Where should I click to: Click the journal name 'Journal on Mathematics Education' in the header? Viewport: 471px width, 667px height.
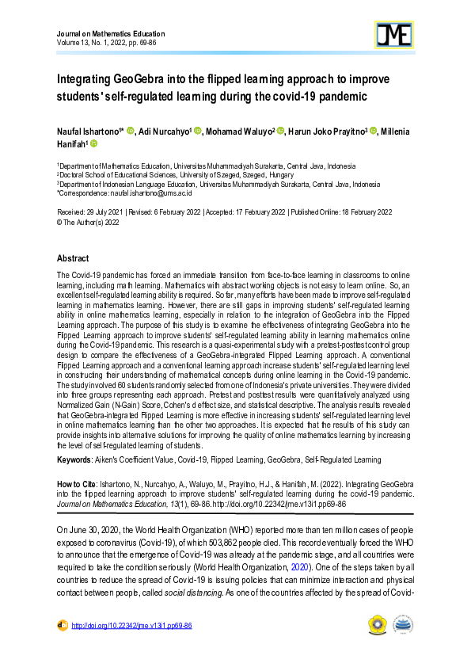point(112,34)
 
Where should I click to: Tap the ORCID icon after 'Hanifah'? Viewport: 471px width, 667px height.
point(93,144)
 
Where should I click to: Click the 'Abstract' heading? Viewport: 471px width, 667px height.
point(74,259)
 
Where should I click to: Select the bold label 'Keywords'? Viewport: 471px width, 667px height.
point(78,459)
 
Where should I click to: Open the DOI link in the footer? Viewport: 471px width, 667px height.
point(131,625)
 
